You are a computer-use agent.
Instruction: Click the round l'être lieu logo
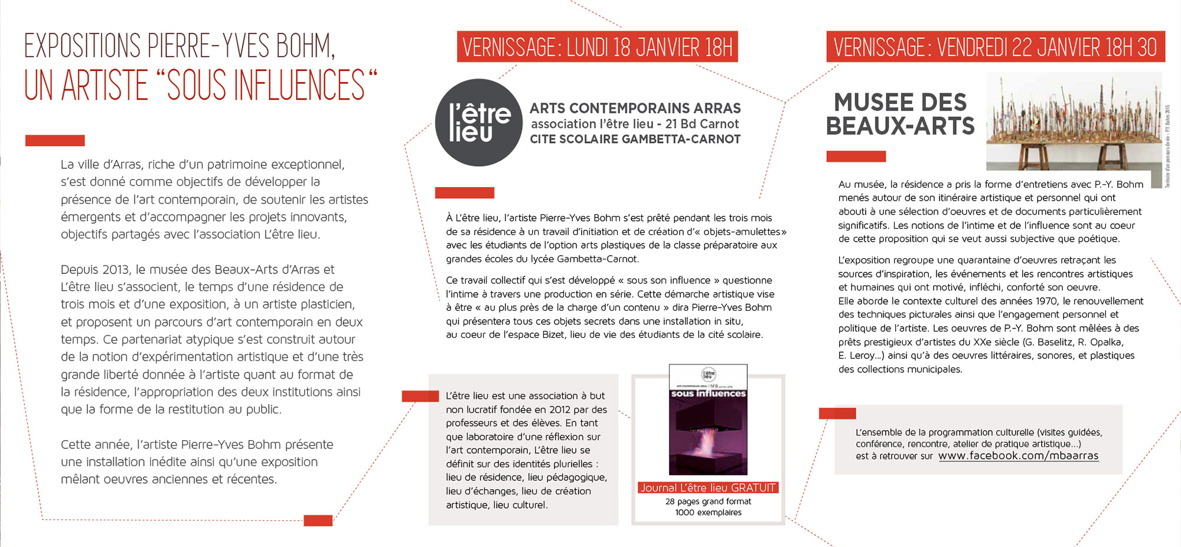pyautogui.click(x=479, y=122)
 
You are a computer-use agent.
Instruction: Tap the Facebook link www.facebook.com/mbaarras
pyautogui.click(x=1018, y=455)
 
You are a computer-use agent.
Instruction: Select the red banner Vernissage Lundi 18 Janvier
pyautogui.click(x=597, y=47)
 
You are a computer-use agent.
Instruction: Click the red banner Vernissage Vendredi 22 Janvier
pyautogui.click(x=995, y=47)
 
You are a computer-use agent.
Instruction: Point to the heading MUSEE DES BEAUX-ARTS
pyautogui.click(x=900, y=114)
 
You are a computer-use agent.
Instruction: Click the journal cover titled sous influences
pyautogui.click(x=708, y=420)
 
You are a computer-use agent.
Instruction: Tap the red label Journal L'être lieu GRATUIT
pyautogui.click(x=708, y=488)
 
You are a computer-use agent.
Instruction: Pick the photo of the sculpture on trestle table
pyautogui.click(x=1074, y=121)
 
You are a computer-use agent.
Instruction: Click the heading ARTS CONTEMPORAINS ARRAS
pyautogui.click(x=635, y=108)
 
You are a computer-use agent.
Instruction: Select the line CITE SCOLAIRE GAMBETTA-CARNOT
pyautogui.click(x=635, y=139)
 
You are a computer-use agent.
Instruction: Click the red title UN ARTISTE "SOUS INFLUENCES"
pyautogui.click(x=200, y=85)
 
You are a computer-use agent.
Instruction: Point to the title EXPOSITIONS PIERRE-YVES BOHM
pyautogui.click(x=180, y=46)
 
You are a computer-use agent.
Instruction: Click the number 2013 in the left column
pyautogui.click(x=116, y=270)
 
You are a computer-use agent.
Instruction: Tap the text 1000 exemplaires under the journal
pyautogui.click(x=708, y=513)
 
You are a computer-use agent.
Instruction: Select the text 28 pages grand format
pyautogui.click(x=708, y=502)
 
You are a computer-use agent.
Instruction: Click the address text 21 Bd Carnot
pyautogui.click(x=702, y=124)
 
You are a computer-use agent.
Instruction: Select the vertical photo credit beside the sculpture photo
pyautogui.click(x=1167, y=146)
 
